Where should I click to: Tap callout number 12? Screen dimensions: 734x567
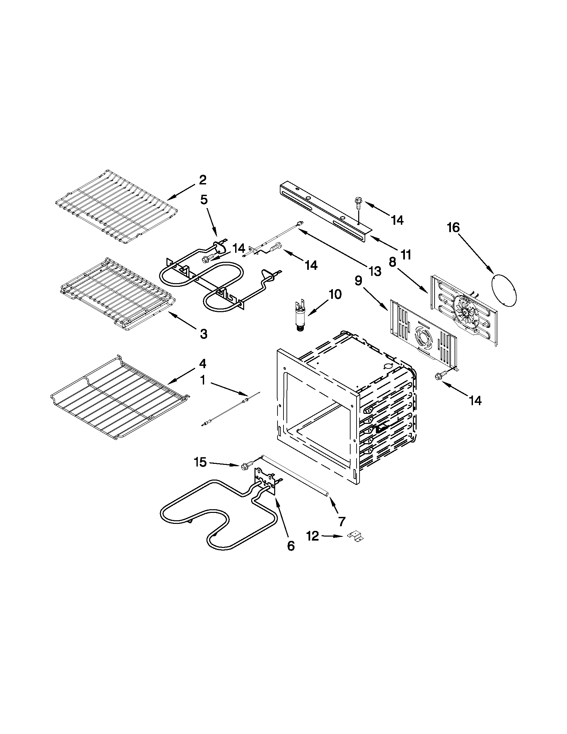(x=313, y=536)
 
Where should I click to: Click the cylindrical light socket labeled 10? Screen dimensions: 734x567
(x=299, y=317)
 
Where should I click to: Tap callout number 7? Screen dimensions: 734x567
(x=342, y=521)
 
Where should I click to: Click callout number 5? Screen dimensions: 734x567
(x=204, y=200)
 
